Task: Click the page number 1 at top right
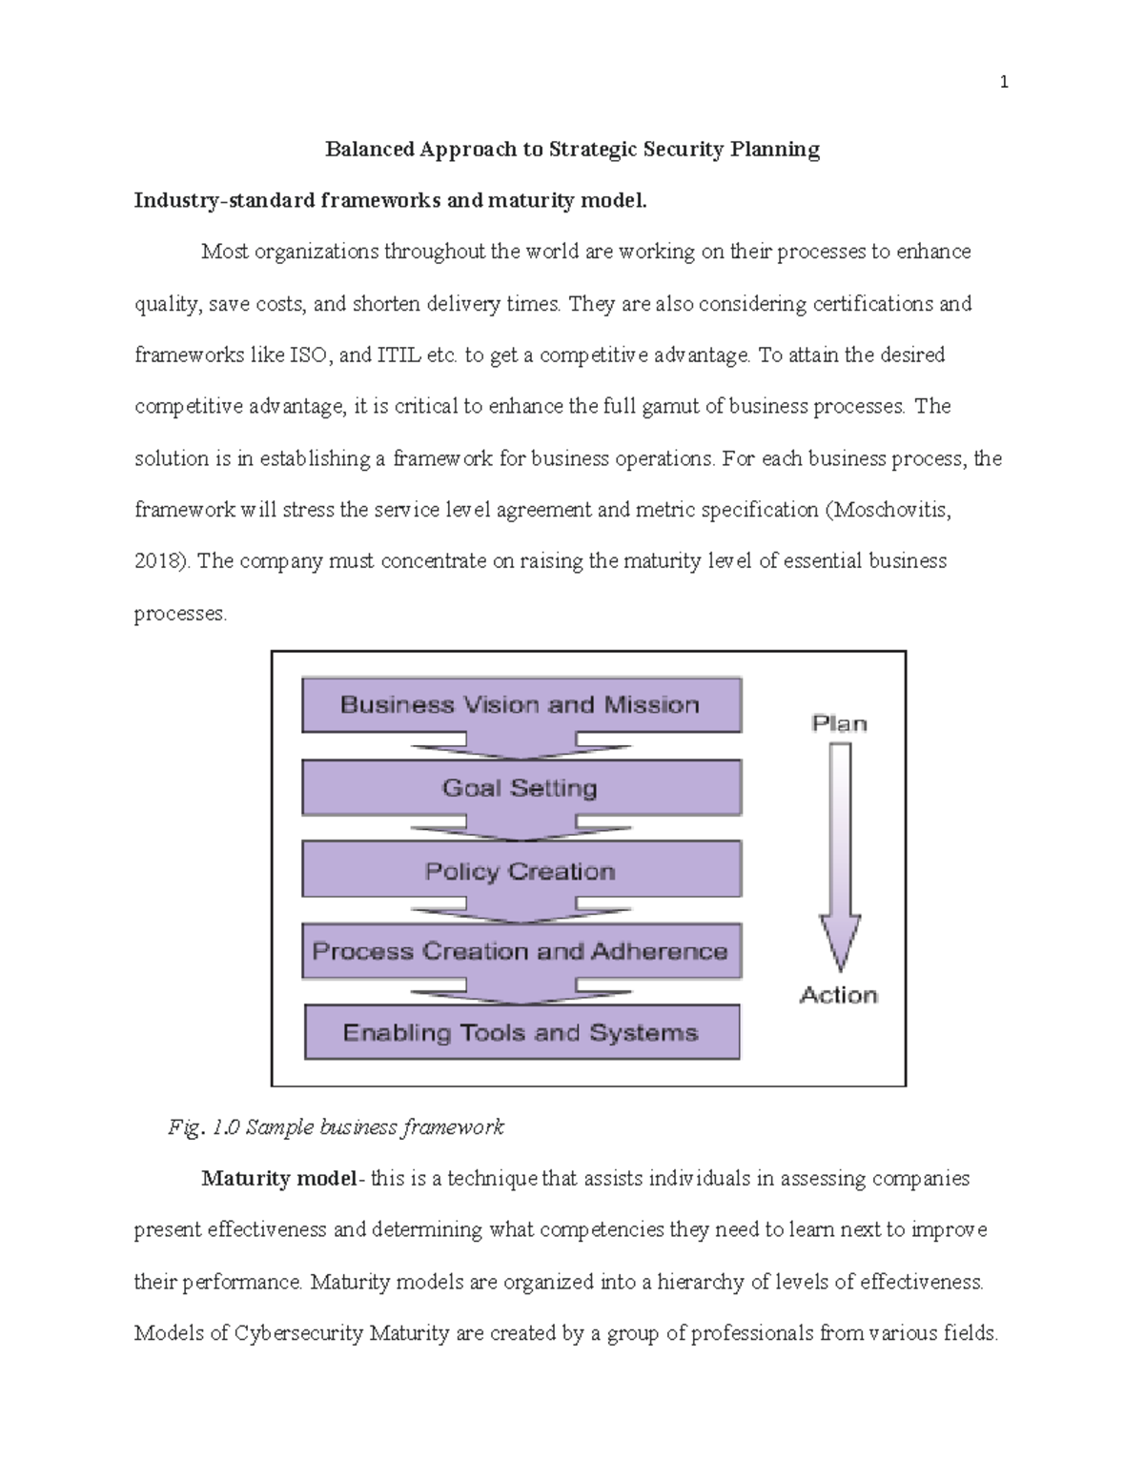[1003, 83]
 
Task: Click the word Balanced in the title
[369, 150]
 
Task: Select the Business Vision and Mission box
[521, 705]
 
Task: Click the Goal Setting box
[521, 788]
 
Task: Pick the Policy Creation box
[521, 871]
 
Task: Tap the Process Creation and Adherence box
[521, 951]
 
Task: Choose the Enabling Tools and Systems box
[521, 1033]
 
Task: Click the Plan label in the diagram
[839, 723]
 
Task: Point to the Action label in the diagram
[839, 995]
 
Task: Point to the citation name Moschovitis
[892, 510]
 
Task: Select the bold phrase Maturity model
[278, 1179]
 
